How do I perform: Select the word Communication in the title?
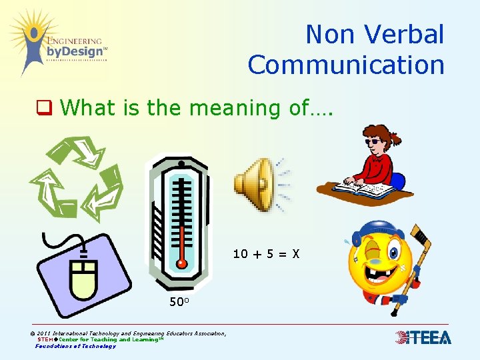click(346, 65)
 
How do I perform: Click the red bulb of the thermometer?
click(181, 263)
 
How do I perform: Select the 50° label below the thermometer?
click(180, 302)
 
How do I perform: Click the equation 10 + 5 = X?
click(266, 253)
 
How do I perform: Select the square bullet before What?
click(43, 107)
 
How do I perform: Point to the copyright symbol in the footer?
click(33, 333)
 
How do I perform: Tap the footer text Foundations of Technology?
click(75, 346)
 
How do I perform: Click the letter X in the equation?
click(295, 253)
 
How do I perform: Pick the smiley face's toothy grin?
click(375, 279)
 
